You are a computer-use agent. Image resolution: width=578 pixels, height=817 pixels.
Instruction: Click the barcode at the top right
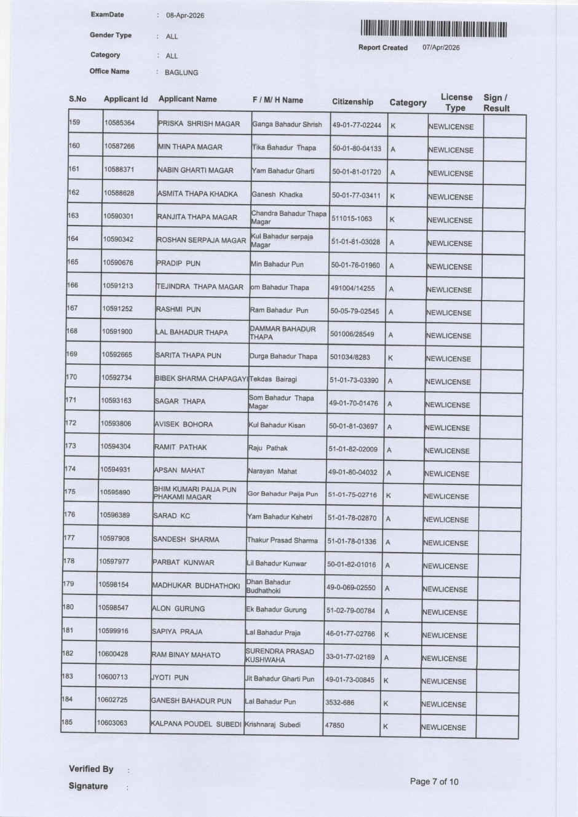(434, 29)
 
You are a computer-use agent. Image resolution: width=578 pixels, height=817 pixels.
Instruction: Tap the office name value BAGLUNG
(181, 73)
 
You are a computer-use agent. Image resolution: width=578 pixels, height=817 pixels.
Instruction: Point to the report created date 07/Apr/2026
(441, 47)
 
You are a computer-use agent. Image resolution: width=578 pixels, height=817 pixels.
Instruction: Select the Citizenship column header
(352, 102)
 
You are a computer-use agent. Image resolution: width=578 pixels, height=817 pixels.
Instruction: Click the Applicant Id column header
(125, 99)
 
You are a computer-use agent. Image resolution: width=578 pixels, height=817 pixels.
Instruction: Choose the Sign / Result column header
(496, 103)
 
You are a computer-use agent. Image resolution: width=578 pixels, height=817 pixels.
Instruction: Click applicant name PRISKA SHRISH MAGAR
(199, 124)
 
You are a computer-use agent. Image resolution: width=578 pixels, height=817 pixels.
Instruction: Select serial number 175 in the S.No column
(69, 492)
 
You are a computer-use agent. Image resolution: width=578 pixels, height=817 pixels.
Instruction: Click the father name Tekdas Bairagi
(273, 379)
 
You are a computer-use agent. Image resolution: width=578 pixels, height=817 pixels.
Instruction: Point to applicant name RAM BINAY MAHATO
(186, 655)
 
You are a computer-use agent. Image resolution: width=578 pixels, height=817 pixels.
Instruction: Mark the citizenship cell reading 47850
(335, 725)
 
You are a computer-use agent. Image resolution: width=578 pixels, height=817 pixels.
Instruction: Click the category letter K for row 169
(390, 358)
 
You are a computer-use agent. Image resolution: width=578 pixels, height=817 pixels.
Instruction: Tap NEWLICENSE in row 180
(445, 612)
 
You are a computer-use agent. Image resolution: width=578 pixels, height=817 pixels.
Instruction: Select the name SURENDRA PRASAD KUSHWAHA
(279, 655)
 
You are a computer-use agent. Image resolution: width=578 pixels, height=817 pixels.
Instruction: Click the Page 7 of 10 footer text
(434, 782)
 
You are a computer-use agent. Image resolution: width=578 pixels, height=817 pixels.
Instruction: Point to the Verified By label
(91, 769)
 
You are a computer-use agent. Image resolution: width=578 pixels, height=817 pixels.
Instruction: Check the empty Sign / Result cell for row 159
(504, 126)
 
